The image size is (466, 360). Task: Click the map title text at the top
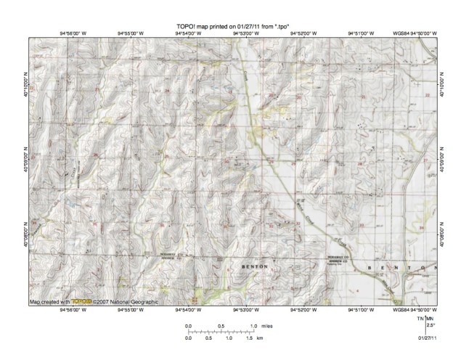pos(233,27)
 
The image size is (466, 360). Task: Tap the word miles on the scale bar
pos(269,327)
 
